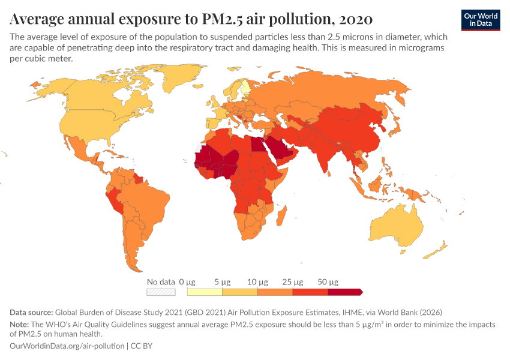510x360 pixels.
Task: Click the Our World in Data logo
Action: click(480, 20)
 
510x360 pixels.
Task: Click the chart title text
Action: click(191, 19)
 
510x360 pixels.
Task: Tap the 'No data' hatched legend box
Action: click(161, 292)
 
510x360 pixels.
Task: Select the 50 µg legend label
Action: click(328, 281)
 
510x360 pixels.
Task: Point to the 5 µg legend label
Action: click(223, 281)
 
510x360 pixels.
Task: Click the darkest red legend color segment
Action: click(344, 292)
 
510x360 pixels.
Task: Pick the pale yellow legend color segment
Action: click(205, 292)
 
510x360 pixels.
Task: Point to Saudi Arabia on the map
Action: click(281, 148)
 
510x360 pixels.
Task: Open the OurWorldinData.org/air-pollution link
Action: click(67, 346)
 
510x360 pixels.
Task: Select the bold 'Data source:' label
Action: click(31, 313)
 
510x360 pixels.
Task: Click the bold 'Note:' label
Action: click(21, 325)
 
